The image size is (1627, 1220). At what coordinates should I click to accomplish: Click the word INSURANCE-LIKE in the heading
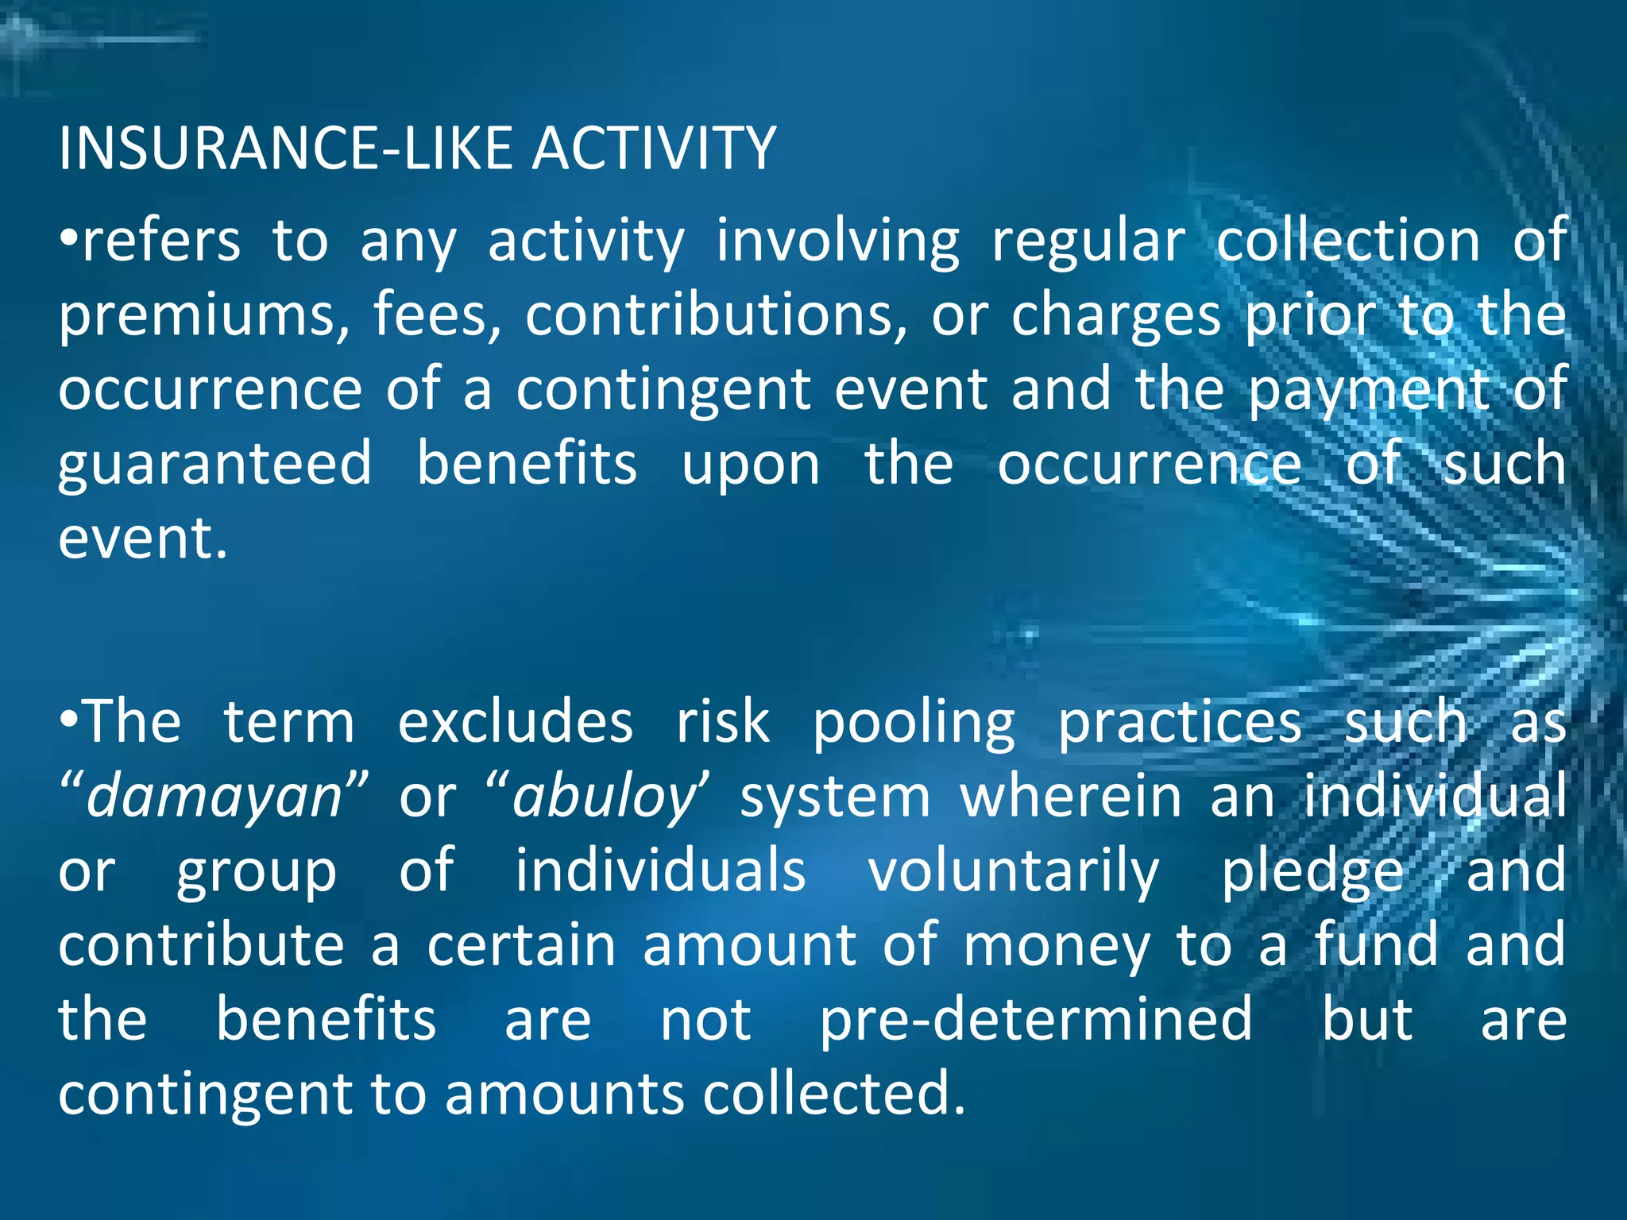tap(286, 149)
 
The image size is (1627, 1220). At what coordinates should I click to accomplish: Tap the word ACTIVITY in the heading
tap(654, 149)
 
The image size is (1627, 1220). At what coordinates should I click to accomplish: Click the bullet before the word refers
tap(69, 238)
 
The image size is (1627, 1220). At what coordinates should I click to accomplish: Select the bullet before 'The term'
tap(69, 720)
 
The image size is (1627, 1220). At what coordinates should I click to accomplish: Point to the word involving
tap(837, 241)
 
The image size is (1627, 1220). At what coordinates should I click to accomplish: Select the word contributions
tap(716, 315)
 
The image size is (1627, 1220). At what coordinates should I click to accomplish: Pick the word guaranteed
tap(215, 464)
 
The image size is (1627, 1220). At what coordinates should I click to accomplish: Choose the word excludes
tap(515, 722)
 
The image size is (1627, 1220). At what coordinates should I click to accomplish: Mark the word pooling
tap(914, 724)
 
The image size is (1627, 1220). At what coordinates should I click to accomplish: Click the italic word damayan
tap(214, 797)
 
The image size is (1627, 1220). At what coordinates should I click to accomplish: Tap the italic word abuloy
tap(605, 797)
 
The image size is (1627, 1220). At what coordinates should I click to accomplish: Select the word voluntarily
tap(1013, 871)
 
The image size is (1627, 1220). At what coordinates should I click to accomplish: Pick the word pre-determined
tap(1036, 1020)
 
